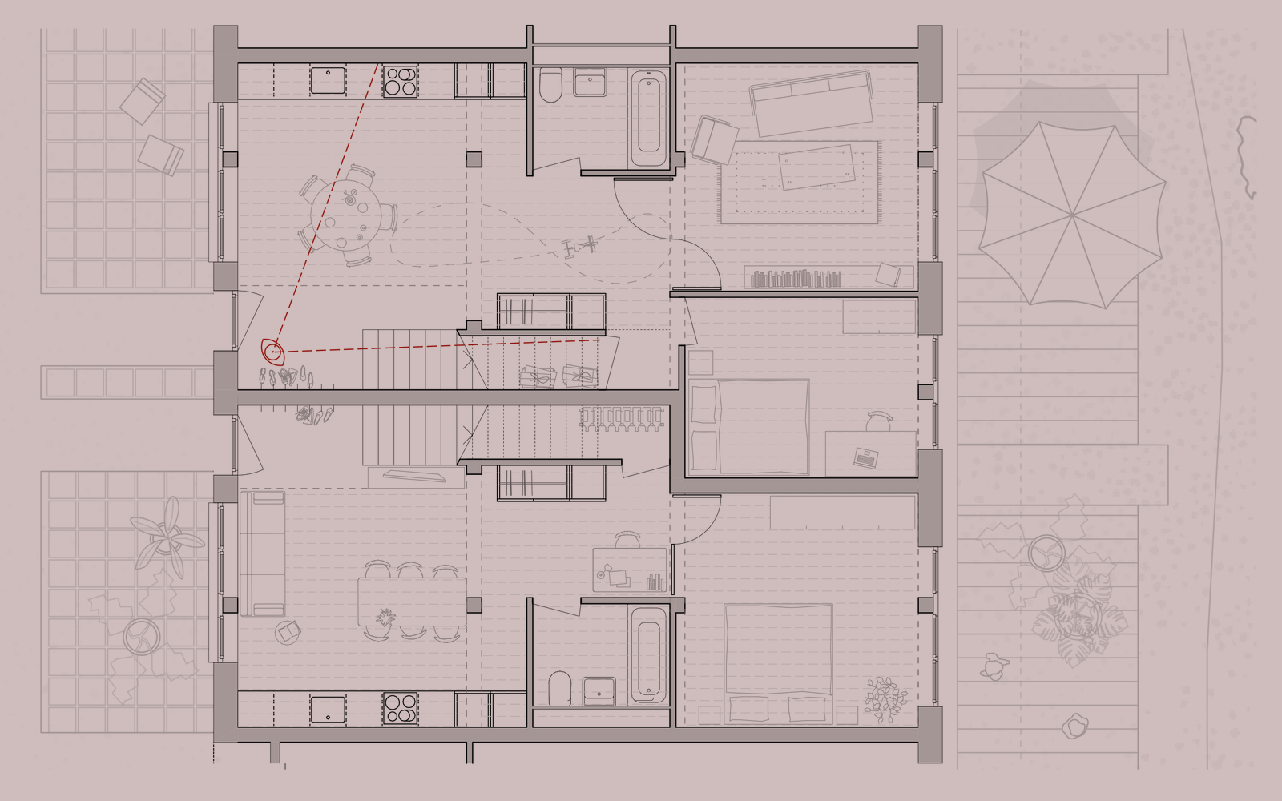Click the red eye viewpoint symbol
[x=272, y=352]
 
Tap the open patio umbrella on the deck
[x=1072, y=215]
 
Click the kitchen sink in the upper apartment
[x=328, y=80]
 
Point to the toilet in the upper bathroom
[x=550, y=87]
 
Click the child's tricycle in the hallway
[x=581, y=244]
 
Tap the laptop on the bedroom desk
[x=865, y=458]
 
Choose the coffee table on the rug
[x=816, y=167]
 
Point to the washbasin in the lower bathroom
[x=599, y=690]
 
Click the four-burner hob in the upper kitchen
[x=400, y=81]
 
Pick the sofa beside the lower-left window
[x=262, y=553]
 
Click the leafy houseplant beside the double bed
[x=885, y=698]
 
